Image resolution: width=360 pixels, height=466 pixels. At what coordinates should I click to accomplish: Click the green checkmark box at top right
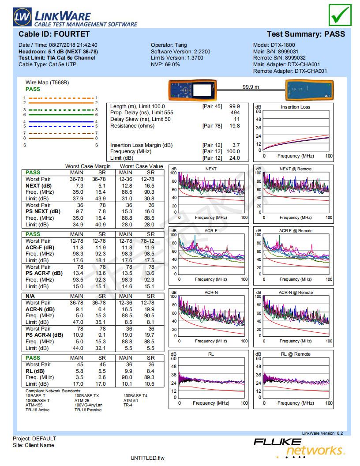point(340,15)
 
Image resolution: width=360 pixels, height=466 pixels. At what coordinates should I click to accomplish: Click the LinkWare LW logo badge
point(22,17)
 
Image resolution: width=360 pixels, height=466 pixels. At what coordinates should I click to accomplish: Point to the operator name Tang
point(181,45)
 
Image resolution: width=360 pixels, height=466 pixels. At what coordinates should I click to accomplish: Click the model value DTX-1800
point(283,45)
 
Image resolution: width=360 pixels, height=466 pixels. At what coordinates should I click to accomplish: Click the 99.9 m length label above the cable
point(251,87)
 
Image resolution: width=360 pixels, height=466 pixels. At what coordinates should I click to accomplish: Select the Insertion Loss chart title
point(296,107)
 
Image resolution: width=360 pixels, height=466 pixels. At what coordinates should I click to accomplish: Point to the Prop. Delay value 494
point(235,113)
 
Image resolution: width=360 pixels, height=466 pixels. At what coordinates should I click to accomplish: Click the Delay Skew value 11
point(237,119)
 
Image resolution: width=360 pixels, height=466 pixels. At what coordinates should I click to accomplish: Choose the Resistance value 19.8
point(235,126)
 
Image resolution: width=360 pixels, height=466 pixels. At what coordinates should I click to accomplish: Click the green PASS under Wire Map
point(33,89)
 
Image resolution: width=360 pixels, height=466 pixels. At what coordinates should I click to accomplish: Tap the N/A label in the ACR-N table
point(30,296)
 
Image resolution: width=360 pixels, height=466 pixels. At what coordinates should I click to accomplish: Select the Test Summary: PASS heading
point(306,34)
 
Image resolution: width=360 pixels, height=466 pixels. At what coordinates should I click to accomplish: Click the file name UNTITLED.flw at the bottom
point(147,458)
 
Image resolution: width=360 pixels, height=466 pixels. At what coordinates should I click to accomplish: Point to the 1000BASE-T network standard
point(37,400)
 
